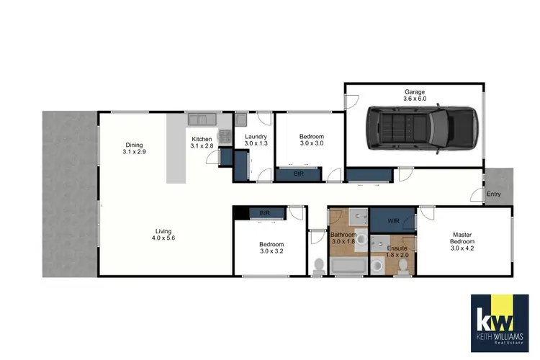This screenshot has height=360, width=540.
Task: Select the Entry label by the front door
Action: pos(494,194)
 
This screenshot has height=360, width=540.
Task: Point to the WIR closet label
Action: pos(393,220)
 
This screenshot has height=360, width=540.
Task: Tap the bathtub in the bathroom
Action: pos(347,268)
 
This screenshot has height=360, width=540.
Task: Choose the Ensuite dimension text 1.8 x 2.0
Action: pos(397,254)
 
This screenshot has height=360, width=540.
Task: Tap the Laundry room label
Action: pos(256,137)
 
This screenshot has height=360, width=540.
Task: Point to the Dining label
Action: pos(134,144)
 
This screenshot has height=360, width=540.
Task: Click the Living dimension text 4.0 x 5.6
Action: pos(163,238)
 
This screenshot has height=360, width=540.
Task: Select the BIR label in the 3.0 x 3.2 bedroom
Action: pos(264,213)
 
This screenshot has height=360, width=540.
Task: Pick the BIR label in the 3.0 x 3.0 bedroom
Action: pos(299,174)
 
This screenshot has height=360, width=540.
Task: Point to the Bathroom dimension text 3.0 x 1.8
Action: pos(343,242)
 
